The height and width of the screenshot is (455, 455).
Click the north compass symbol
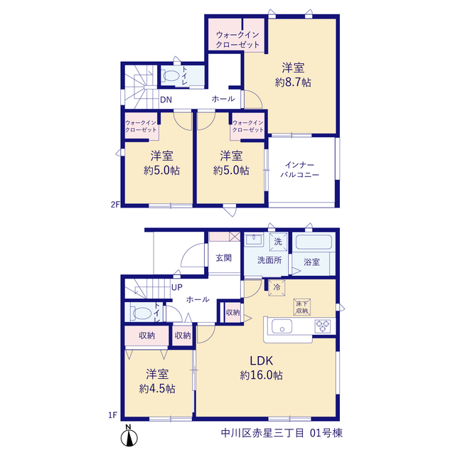point(129,436)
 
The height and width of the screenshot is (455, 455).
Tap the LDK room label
point(262,360)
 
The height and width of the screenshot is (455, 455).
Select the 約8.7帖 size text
point(293,82)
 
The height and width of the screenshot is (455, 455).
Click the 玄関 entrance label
point(224,257)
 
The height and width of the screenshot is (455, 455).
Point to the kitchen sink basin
point(282,326)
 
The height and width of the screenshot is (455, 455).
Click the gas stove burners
point(323,326)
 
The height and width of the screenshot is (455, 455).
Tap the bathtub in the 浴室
point(314,242)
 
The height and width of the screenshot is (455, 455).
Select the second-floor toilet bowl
point(171,76)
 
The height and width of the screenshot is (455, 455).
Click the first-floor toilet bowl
point(141,314)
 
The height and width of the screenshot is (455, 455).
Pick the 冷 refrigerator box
point(277,287)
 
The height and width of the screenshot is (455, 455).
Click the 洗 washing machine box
point(278,242)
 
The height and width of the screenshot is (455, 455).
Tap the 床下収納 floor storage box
point(301,307)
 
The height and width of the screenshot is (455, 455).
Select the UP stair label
point(177,287)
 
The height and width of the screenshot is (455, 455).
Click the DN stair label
point(166,100)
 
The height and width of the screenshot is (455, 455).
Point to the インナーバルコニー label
point(300,170)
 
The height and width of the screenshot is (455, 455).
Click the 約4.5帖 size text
point(157,389)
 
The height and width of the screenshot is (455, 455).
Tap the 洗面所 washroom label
point(269,260)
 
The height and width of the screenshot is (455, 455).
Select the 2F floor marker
point(115,205)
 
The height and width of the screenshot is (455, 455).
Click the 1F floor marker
point(112,415)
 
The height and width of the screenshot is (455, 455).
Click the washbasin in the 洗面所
point(254,240)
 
